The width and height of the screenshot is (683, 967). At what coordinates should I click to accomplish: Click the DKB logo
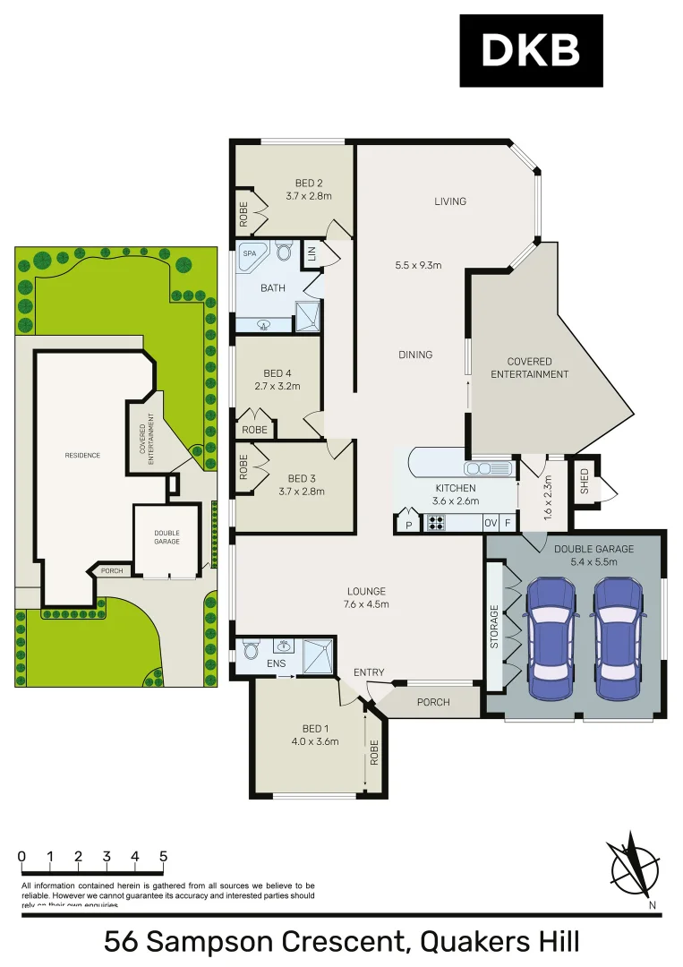pos(531,51)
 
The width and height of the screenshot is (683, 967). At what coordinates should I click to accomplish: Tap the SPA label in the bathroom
pos(249,253)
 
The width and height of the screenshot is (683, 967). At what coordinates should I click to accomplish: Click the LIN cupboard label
pos(312,252)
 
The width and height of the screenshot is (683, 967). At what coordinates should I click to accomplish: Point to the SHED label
pos(585,481)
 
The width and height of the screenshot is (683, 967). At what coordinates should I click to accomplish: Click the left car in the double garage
pos(552,638)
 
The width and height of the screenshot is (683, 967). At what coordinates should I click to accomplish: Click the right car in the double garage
pos(619,638)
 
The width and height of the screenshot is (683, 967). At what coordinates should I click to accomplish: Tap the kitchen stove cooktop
pos(438,523)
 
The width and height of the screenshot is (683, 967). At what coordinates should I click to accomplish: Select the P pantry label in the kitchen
pos(408,525)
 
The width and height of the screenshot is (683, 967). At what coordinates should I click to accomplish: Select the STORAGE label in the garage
pos(494,627)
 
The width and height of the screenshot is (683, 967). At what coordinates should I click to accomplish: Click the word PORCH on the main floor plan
pos(433,701)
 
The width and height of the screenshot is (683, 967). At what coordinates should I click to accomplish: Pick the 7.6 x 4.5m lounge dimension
pos(366,603)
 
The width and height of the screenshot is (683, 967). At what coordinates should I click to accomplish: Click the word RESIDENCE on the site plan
pos(82,455)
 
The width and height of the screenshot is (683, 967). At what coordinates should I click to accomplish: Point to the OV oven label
pos(491,523)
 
